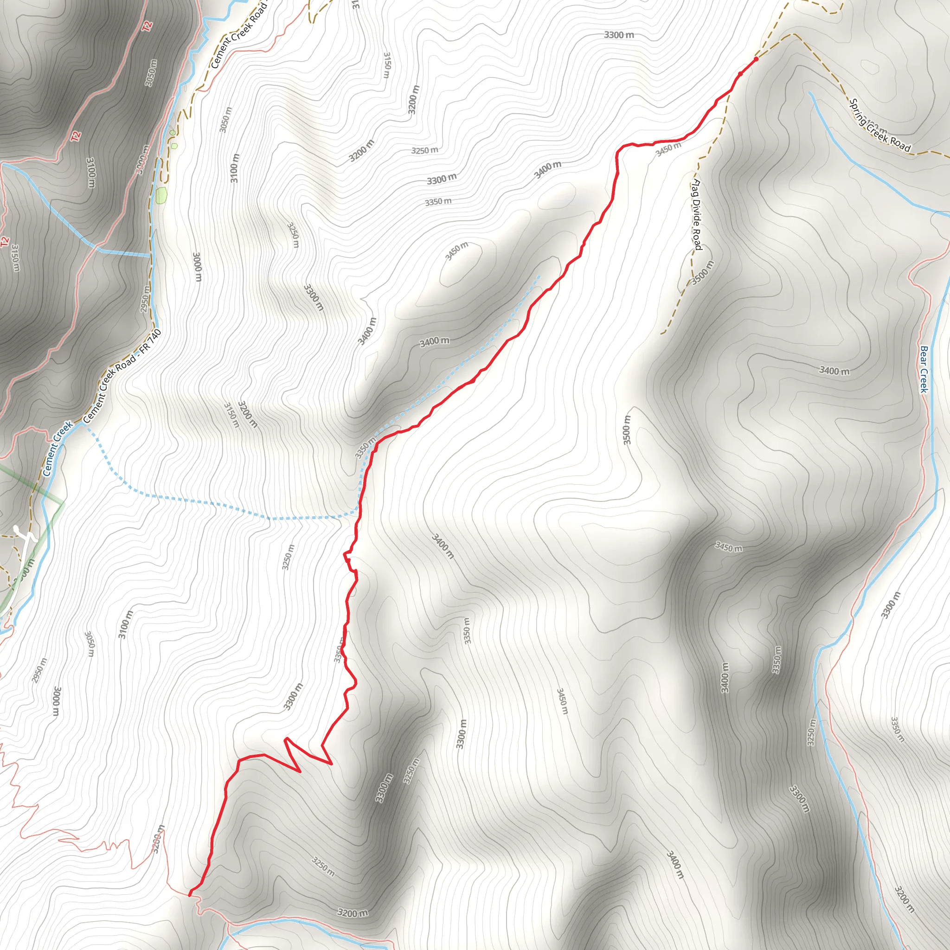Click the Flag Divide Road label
(x=696, y=214)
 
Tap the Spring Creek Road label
(x=880, y=126)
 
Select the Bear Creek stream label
(x=924, y=369)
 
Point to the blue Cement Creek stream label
(x=58, y=448)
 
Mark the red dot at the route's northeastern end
(x=756, y=58)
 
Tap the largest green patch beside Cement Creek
(x=161, y=195)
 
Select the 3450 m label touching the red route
(x=669, y=149)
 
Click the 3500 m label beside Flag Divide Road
(x=702, y=272)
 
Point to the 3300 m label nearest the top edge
(x=619, y=35)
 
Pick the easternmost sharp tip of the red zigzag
(x=332, y=764)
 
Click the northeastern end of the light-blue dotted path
(x=540, y=276)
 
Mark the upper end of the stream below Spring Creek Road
(x=810, y=92)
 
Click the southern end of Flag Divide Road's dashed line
(x=661, y=334)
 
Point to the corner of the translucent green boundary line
(x=63, y=502)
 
